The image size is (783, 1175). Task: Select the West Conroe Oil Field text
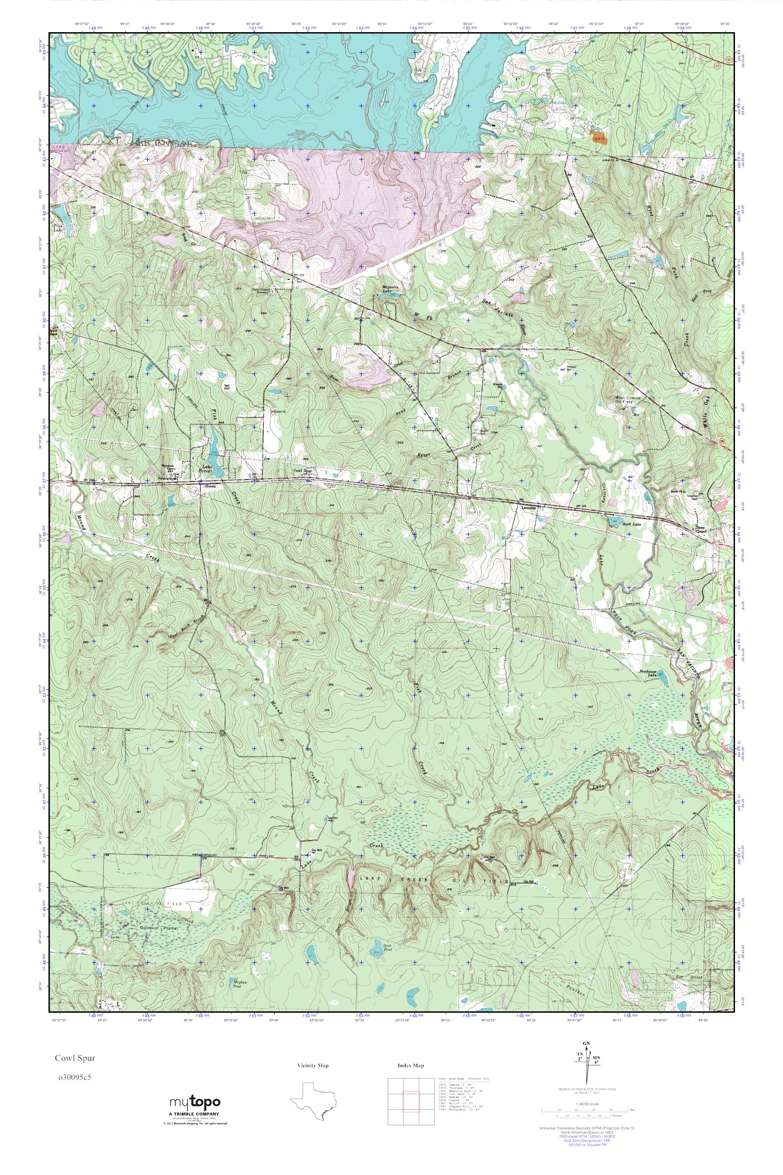[630, 401]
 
